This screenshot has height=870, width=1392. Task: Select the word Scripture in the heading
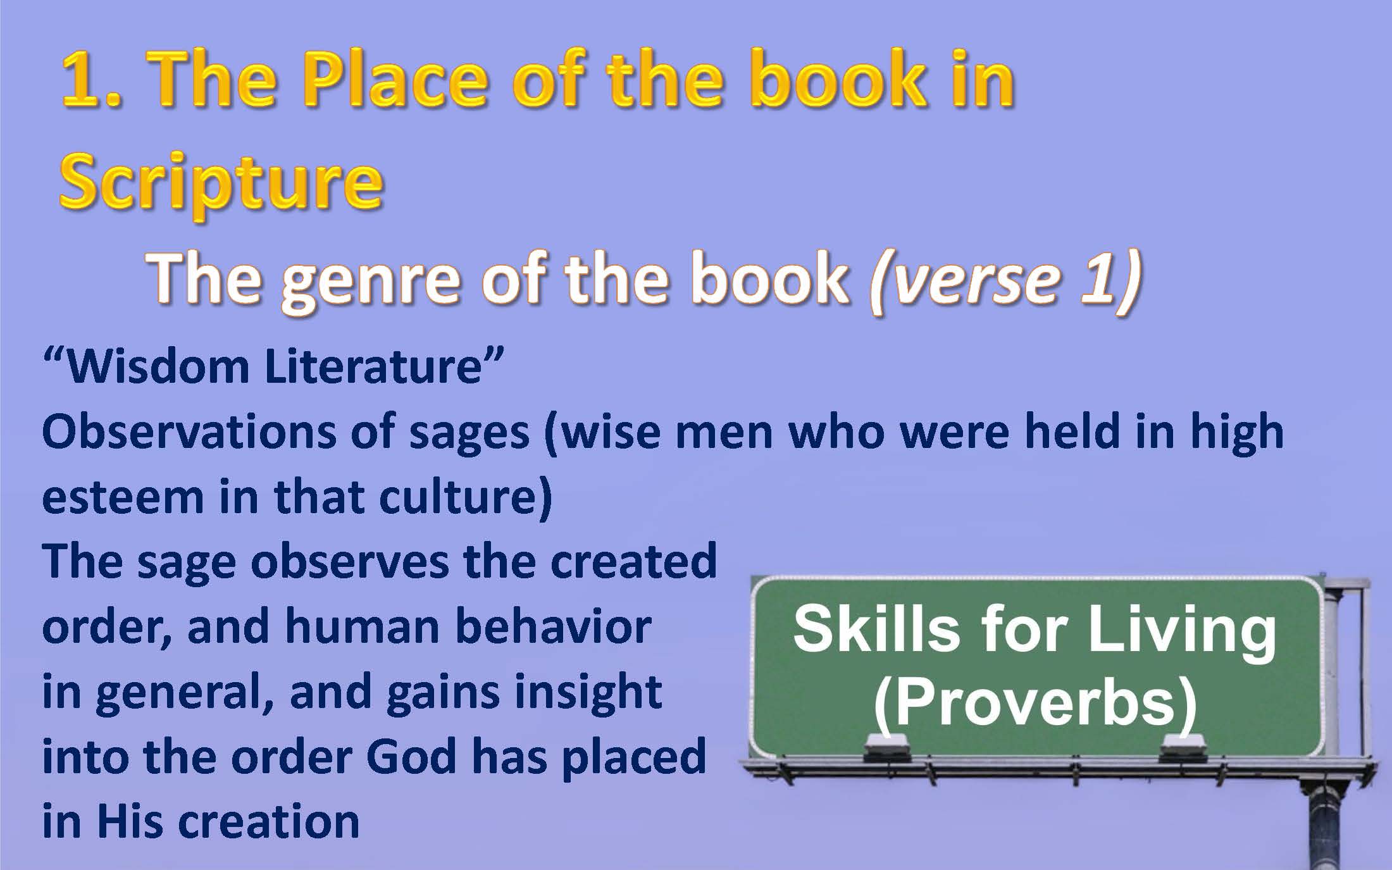[222, 183]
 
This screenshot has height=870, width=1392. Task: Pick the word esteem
[123, 497]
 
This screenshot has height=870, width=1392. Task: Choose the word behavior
[553, 626]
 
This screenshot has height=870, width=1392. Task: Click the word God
[411, 757]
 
